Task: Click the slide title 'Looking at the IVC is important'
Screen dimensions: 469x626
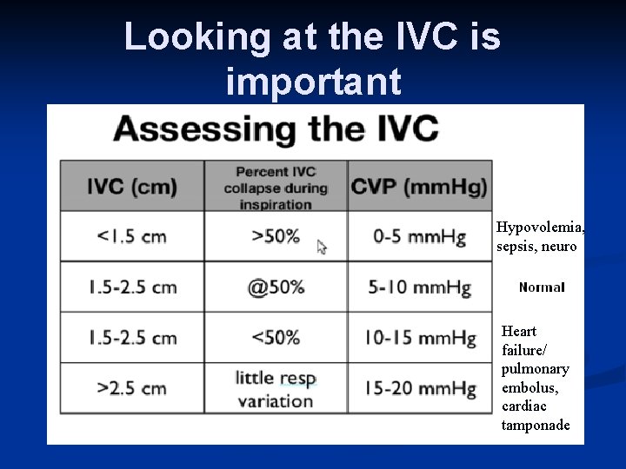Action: coord(312,58)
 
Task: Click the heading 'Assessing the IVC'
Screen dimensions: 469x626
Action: coord(276,130)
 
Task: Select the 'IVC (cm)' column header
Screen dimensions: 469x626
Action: coord(132,186)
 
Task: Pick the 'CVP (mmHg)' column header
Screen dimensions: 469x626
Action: coord(419,186)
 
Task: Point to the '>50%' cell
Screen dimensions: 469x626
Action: coord(275,236)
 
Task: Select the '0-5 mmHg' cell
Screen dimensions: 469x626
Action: coord(419,236)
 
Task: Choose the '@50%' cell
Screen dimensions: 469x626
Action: coord(275,287)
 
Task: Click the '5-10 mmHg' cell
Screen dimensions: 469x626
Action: coord(419,287)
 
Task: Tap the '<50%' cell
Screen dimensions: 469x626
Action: coord(275,337)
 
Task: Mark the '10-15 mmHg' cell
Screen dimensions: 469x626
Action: coord(419,337)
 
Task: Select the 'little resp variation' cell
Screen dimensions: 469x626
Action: coord(275,389)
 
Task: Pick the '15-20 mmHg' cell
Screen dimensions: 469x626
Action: coord(419,387)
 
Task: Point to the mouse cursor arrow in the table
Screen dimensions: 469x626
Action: coord(322,247)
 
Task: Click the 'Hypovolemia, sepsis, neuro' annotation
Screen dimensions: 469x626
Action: coord(539,236)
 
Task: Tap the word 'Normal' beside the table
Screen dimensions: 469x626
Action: coord(542,287)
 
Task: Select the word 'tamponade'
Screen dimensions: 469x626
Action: coord(536,425)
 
